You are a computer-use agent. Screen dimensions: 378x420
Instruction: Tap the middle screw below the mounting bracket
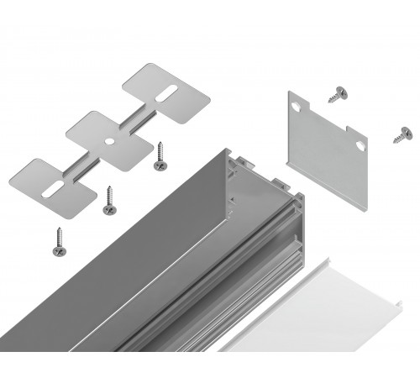[108, 197]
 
